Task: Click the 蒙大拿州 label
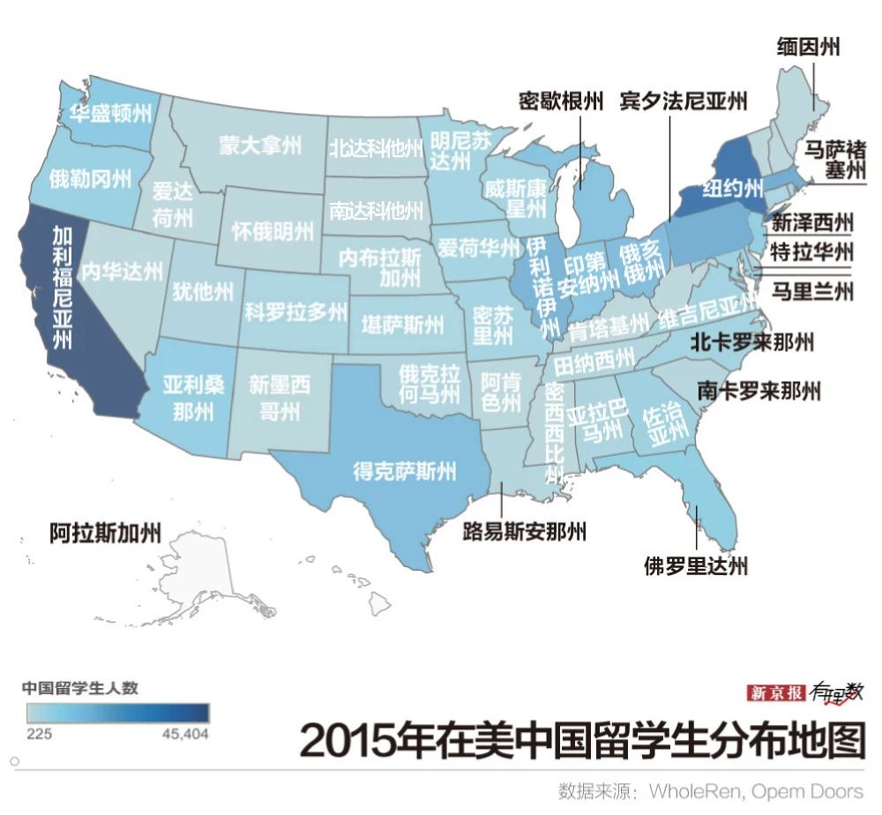click(260, 145)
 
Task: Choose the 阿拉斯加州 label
click(105, 532)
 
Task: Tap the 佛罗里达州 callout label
click(696, 565)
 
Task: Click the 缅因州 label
click(808, 46)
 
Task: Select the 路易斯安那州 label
click(525, 531)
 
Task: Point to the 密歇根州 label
click(561, 101)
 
